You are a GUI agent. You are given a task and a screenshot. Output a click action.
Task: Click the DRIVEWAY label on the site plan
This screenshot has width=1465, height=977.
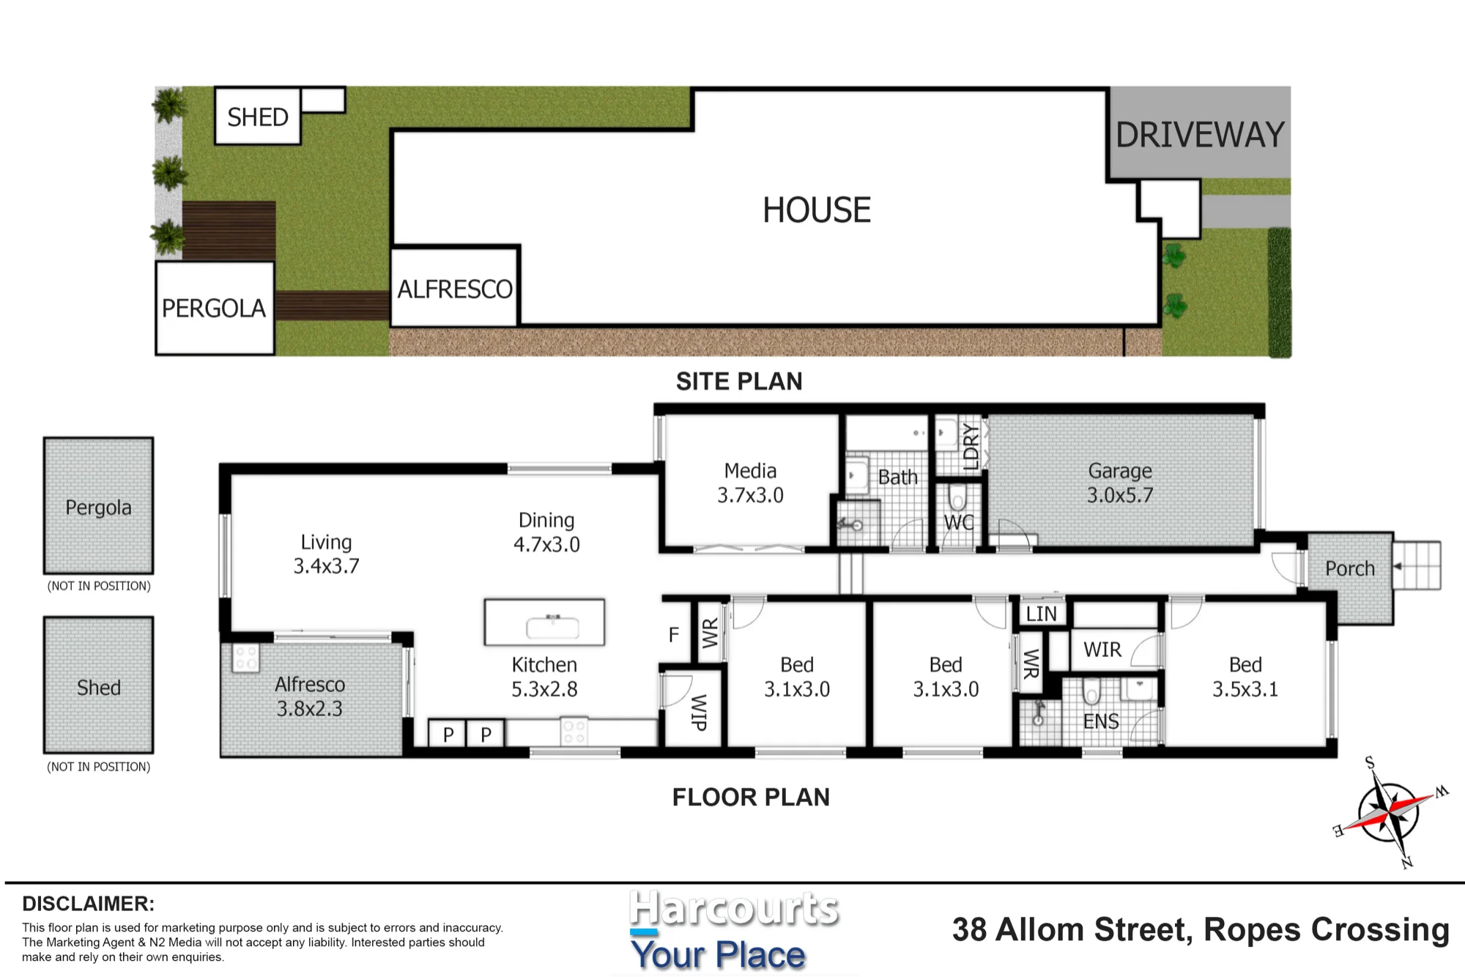tap(1200, 135)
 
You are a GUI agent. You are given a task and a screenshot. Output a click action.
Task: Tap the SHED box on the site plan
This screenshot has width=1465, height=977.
tap(258, 116)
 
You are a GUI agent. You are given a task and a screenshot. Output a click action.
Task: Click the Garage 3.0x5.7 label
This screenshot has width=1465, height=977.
tap(1120, 483)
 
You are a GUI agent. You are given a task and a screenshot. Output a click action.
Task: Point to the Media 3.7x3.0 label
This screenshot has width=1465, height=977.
tap(750, 483)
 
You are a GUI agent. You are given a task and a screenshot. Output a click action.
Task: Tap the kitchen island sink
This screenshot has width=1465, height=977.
tap(553, 626)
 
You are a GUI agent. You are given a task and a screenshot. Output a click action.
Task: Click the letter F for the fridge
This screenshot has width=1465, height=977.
tap(674, 635)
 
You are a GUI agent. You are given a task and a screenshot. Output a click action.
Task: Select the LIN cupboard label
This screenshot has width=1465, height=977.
tap(1041, 614)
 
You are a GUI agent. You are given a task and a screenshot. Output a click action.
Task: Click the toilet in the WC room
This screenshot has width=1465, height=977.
tap(957, 498)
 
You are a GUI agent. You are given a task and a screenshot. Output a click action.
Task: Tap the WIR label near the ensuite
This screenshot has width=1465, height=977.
tap(1102, 650)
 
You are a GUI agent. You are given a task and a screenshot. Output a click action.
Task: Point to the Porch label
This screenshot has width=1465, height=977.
tap(1350, 568)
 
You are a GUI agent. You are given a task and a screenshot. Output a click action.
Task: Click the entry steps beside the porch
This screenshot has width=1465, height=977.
tap(1417, 565)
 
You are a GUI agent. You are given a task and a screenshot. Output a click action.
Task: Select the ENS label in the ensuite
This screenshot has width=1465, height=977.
tap(1101, 722)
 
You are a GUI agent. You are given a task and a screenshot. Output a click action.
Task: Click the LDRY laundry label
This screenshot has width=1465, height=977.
tap(971, 446)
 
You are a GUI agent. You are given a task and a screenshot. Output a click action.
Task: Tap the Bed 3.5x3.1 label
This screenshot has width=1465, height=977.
tap(1245, 677)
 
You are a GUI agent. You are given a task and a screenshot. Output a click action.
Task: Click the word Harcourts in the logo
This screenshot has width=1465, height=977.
tap(734, 909)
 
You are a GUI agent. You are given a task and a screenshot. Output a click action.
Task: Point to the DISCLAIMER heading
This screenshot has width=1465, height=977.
tap(89, 904)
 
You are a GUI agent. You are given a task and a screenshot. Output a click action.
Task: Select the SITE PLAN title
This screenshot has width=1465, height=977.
tap(739, 382)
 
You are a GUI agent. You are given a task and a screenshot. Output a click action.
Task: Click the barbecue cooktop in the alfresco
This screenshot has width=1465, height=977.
tap(245, 658)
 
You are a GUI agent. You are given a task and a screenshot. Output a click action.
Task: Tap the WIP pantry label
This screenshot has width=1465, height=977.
tap(699, 713)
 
